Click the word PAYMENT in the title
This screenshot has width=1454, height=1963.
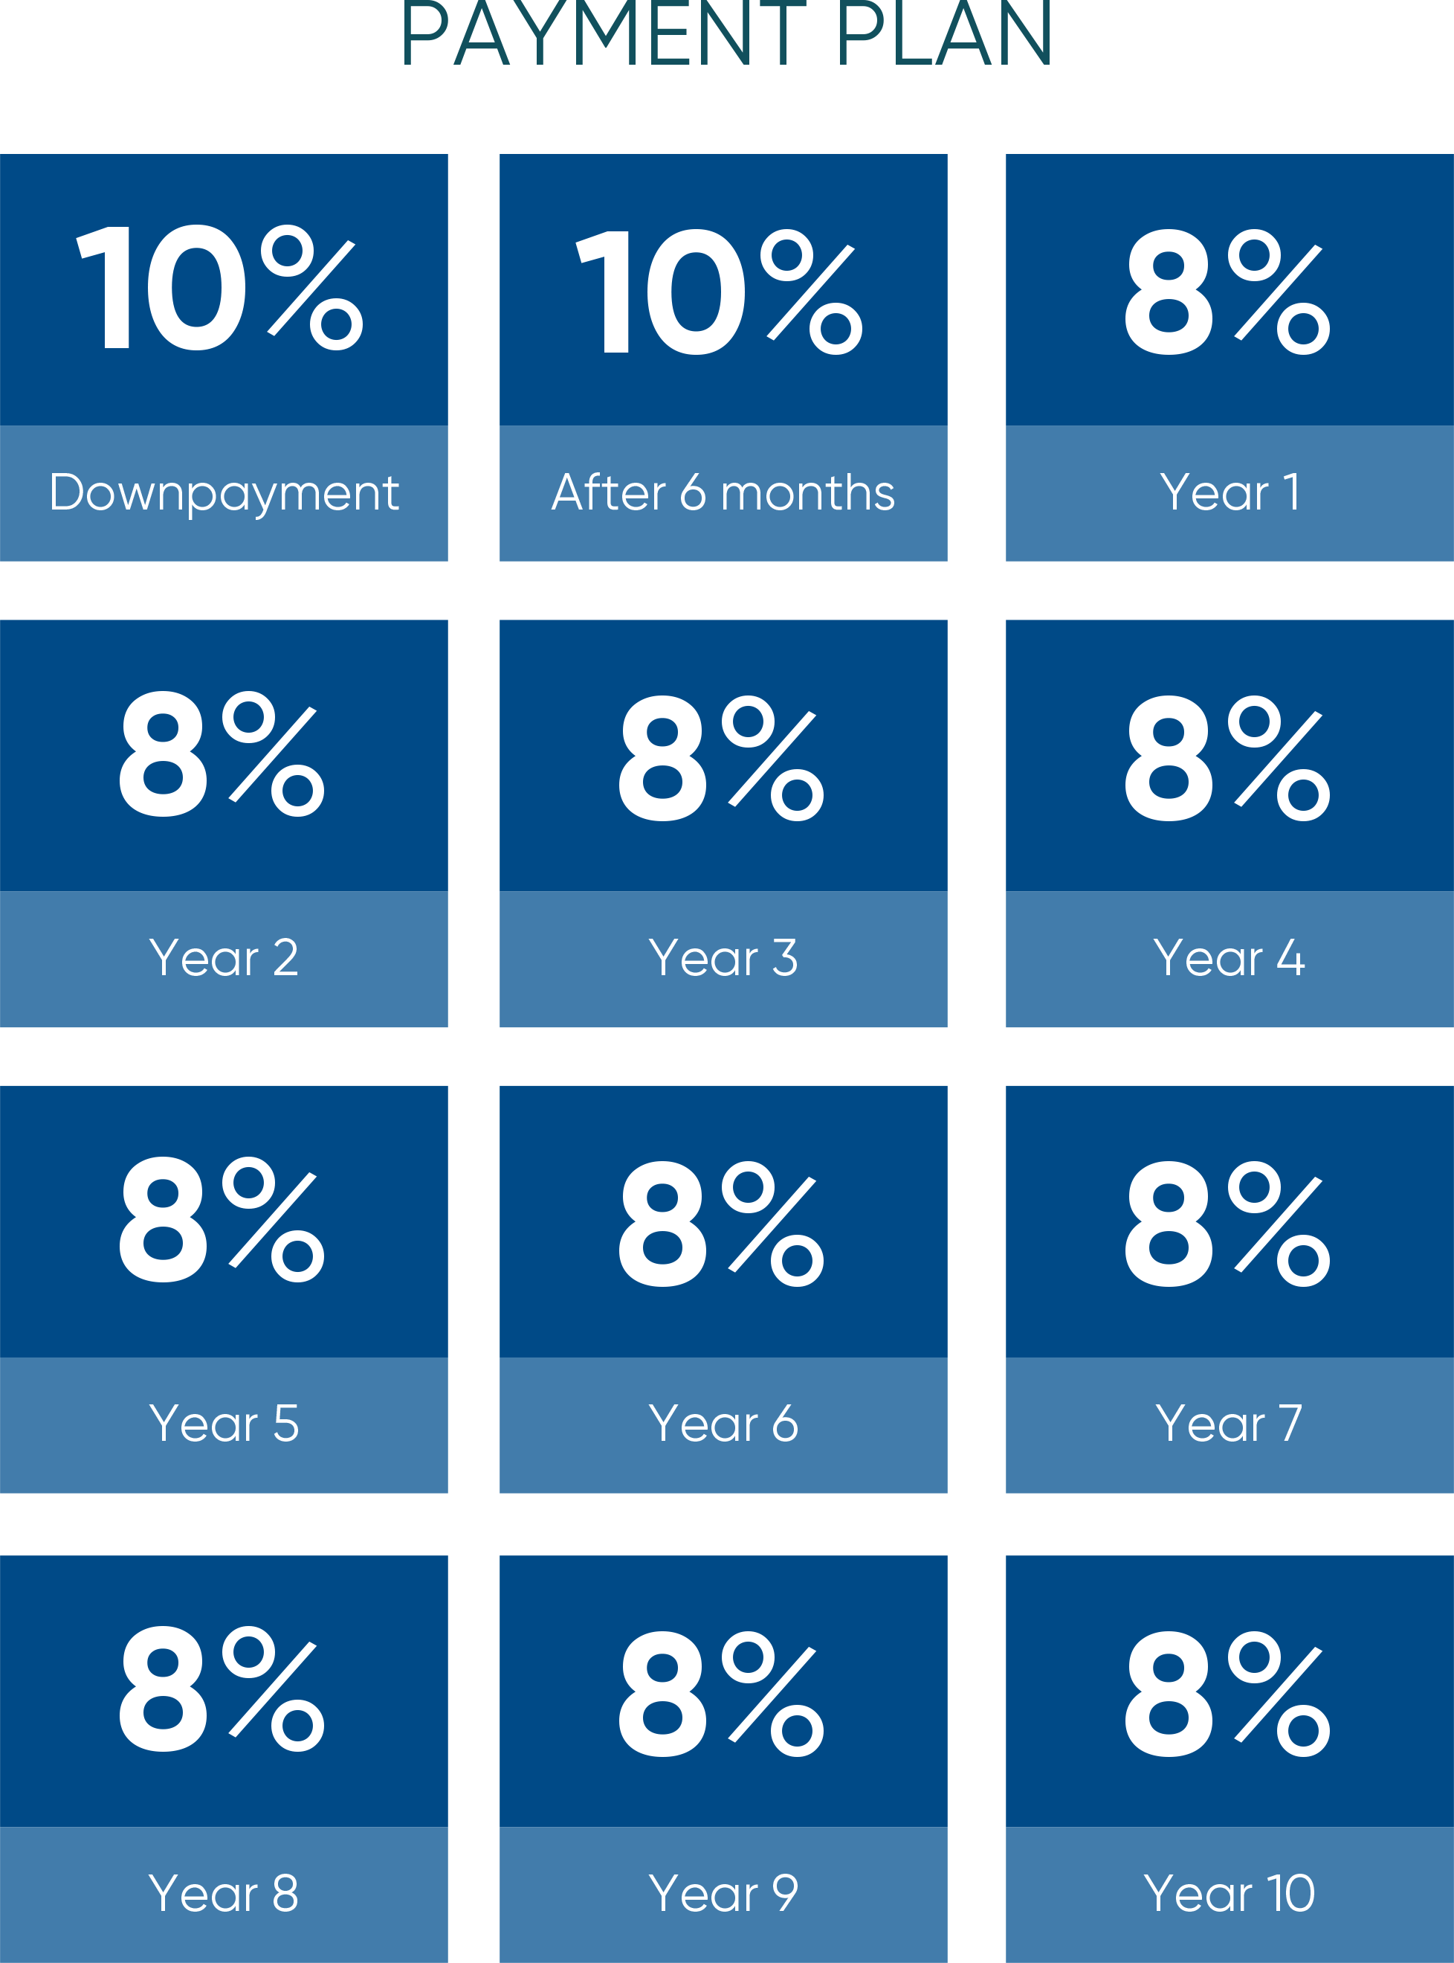point(602,35)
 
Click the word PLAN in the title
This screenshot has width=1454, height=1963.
point(943,35)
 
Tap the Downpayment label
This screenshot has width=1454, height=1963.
point(224,493)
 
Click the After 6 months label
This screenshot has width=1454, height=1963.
point(723,493)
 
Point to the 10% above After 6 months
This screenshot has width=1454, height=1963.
point(719,291)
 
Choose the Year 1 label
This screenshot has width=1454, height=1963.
point(1229,492)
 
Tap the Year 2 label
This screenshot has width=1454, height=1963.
point(224,958)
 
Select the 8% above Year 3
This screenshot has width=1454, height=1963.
point(721,757)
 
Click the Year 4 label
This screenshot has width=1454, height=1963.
point(1229,958)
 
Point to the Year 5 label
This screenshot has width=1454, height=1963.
point(224,1424)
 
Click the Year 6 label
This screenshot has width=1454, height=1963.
point(723,1424)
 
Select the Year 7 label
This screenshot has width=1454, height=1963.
point(1229,1424)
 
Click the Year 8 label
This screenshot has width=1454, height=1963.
point(224,1893)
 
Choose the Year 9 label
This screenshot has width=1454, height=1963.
point(723,1893)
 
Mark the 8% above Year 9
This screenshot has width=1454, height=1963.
point(721,1693)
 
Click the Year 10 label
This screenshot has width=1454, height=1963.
point(1229,1893)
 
